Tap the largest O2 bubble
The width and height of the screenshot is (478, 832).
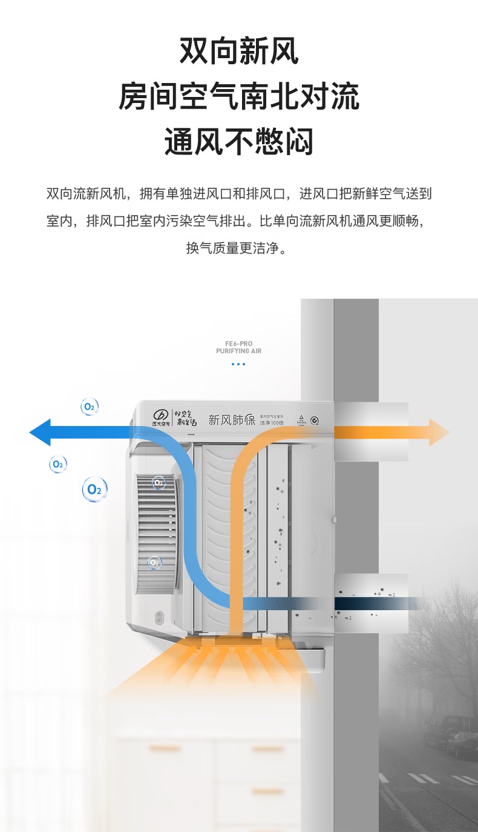tap(95, 489)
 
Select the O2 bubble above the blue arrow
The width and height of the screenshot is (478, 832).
tap(90, 407)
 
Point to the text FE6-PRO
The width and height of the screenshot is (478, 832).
tap(238, 344)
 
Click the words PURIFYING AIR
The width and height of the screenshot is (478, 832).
tap(238, 351)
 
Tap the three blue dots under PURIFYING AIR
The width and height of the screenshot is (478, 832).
tap(238, 364)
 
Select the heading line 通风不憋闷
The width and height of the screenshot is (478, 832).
tap(239, 143)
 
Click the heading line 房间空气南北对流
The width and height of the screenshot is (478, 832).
tap(239, 97)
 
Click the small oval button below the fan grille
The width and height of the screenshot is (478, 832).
tap(159, 619)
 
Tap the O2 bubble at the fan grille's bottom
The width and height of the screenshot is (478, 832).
tap(154, 562)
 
